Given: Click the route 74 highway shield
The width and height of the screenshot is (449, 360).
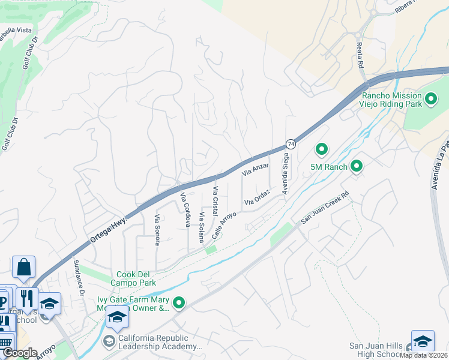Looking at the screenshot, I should (x=291, y=144).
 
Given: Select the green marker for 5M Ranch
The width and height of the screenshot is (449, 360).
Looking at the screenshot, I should (x=357, y=166).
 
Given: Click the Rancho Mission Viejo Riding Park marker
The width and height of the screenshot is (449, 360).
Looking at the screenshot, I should (x=430, y=98).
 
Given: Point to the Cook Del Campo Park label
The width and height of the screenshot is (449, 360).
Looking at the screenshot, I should (x=136, y=278).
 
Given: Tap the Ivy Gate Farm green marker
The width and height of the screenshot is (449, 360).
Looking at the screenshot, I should (x=178, y=304).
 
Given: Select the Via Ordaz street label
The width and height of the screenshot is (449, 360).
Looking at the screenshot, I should (x=257, y=198).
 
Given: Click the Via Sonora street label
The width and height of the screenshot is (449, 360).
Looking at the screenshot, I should (x=157, y=230).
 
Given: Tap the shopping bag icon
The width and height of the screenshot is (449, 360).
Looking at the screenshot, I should (x=23, y=268).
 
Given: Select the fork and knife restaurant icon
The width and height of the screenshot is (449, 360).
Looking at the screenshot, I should (x=28, y=299).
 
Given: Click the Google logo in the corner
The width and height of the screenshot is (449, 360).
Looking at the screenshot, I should (x=20, y=353).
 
